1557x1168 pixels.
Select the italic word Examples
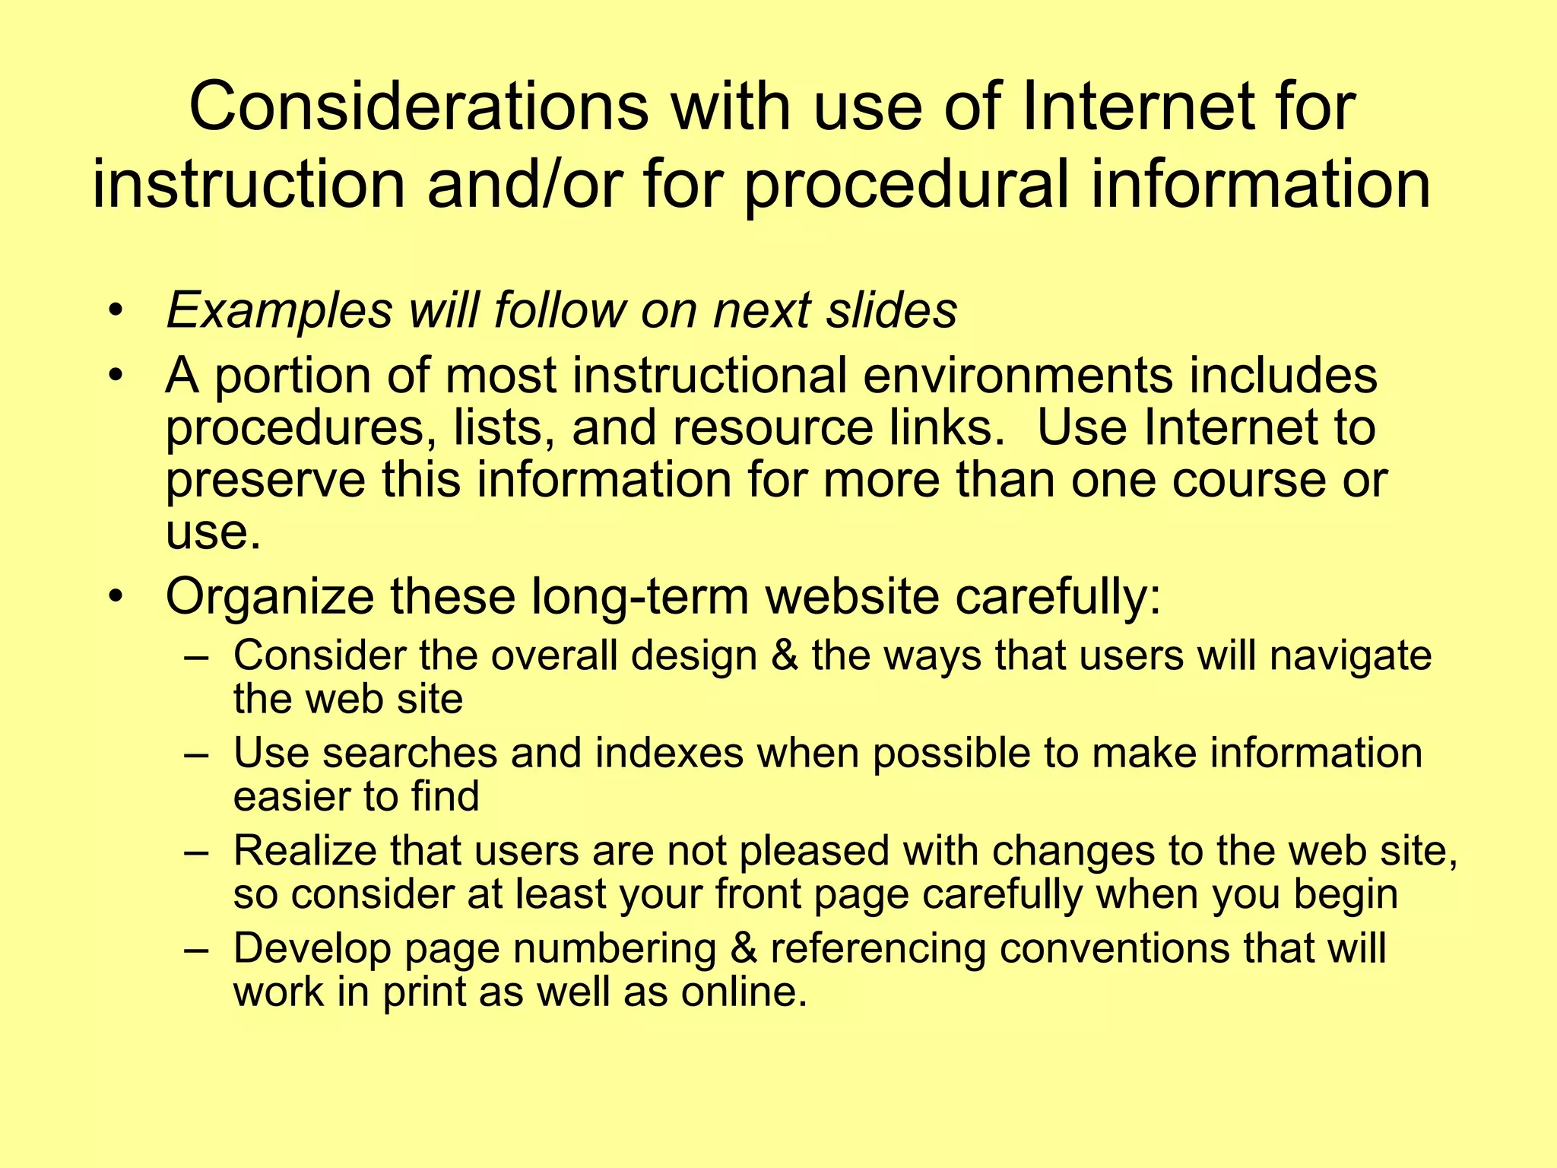(279, 310)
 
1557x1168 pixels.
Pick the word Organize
(269, 596)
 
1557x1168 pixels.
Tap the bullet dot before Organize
(116, 596)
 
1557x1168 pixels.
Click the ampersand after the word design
(784, 655)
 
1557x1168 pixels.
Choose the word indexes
(669, 753)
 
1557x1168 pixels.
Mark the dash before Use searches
(196, 754)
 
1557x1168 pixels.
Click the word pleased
(814, 850)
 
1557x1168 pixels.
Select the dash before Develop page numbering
(196, 950)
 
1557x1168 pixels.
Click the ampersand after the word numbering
(744, 949)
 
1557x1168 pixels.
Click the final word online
(743, 992)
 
